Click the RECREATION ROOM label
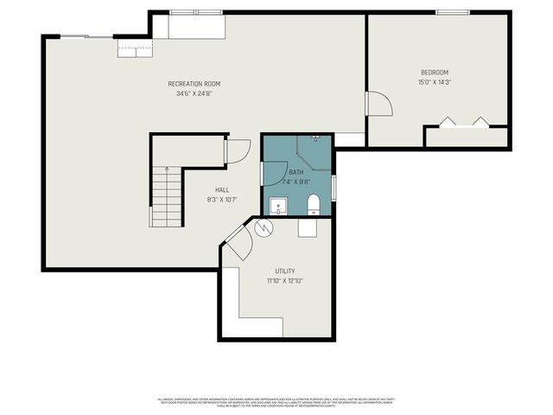(194, 84)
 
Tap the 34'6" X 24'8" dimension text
(194, 93)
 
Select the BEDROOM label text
(435, 73)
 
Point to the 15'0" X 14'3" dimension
(435, 82)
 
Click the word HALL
(222, 190)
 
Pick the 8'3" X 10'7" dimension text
(222, 200)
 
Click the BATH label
(296, 173)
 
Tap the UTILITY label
(284, 271)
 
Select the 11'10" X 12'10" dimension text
(284, 281)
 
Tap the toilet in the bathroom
(314, 204)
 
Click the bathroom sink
(278, 206)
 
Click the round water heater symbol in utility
(264, 228)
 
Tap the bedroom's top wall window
(453, 12)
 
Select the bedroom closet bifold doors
(464, 123)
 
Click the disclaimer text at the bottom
(276, 402)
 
